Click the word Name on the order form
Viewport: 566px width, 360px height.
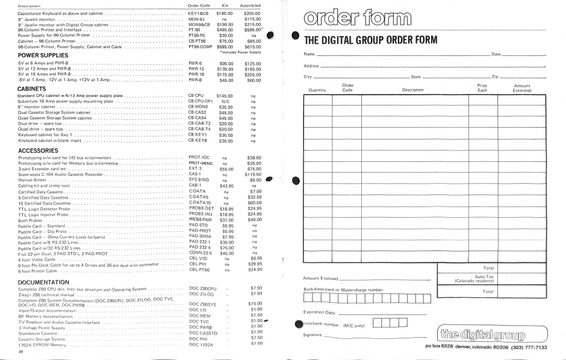(x=305, y=54)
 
